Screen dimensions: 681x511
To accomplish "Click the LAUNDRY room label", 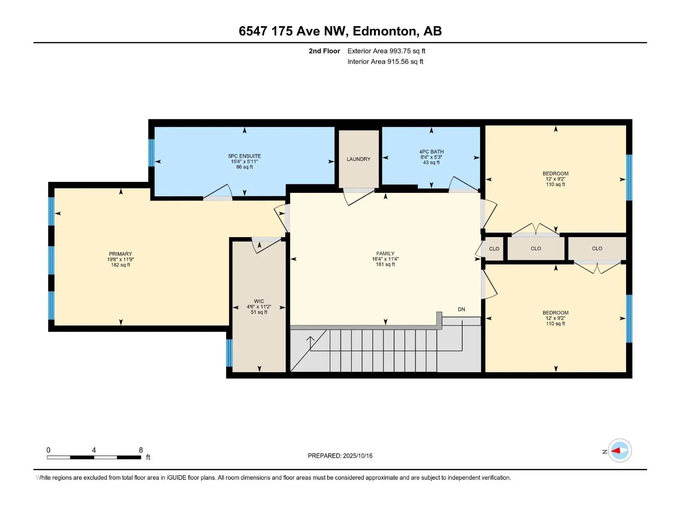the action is [358, 159].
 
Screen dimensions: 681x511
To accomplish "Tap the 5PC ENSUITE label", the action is [244, 156].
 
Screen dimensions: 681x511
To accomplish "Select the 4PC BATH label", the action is [431, 152].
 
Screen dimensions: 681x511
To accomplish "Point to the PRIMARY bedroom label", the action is [120, 254].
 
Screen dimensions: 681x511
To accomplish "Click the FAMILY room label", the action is [385, 253].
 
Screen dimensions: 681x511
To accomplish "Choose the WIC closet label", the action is [259, 301].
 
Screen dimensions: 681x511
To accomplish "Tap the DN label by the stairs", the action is [461, 309].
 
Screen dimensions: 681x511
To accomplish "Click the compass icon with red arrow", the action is [620, 451].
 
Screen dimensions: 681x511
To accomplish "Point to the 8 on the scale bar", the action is [141, 450].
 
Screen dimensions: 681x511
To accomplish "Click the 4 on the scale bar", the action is [94, 450].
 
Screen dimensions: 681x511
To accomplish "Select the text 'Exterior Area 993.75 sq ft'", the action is [386, 51].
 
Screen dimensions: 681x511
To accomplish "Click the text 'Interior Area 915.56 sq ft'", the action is [385, 61].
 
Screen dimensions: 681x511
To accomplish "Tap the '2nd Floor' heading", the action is [324, 51].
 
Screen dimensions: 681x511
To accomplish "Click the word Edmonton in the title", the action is [384, 31].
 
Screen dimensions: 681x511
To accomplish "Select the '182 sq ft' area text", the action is [120, 265].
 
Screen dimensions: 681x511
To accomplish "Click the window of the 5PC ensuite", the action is [151, 152].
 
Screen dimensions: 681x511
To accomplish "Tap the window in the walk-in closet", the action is [229, 353].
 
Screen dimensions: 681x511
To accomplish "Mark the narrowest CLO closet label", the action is [494, 249].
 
